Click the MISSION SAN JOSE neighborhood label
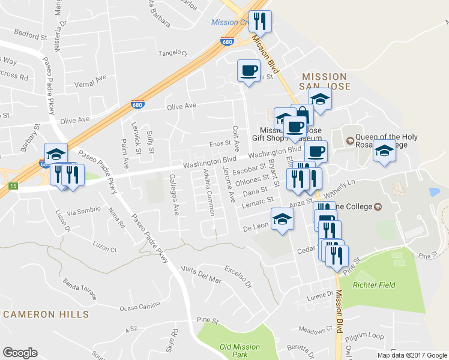pos(324,82)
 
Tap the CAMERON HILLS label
pos(46,314)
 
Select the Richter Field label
pos(374,285)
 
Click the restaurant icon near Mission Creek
pos(260,22)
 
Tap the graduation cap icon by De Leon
pos(282,220)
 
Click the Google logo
pos(20,353)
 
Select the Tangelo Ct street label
pos(173,53)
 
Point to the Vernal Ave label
pos(91,77)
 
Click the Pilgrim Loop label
pos(367,336)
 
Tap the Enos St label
pos(219,144)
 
